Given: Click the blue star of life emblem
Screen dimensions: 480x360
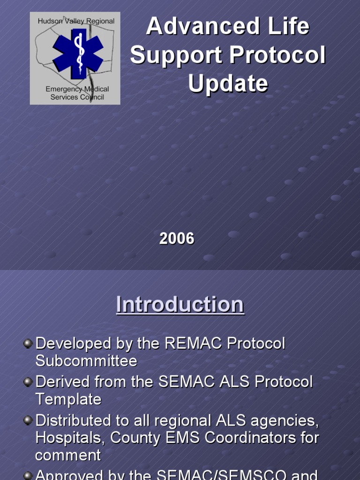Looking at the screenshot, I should tap(78, 53).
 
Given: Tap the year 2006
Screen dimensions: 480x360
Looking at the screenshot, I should tap(177, 239).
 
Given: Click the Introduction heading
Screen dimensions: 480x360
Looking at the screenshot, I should tap(180, 305).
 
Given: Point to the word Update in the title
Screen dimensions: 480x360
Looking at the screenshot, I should tap(228, 84).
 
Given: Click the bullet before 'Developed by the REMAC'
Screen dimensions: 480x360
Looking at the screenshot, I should tap(28, 344).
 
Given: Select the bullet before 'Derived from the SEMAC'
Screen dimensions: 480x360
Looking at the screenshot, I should tap(28, 382).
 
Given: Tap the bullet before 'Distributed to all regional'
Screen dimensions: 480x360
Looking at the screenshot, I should tap(28, 420).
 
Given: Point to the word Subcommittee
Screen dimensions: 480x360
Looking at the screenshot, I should tap(86, 361).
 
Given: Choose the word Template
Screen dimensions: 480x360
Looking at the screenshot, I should tap(68, 399).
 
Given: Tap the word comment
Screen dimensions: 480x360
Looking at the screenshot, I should tap(68, 455).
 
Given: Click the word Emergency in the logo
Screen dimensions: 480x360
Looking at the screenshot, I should tap(64, 89).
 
